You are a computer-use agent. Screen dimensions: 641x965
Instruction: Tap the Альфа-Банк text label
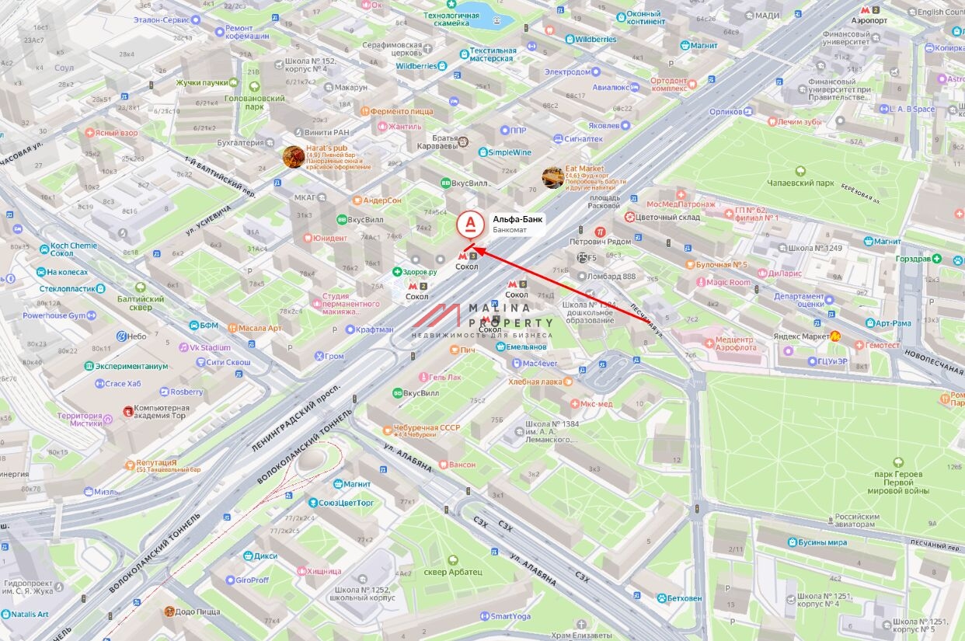[x=517, y=219]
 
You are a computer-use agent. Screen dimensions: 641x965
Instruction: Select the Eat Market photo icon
[x=553, y=177]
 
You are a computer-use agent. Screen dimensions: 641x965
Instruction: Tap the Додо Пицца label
[x=198, y=611]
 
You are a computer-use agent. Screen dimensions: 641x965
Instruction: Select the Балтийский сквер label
[x=141, y=303]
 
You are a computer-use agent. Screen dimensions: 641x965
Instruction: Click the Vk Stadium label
[x=210, y=347]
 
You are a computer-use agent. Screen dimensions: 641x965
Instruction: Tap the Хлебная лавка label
[x=535, y=381]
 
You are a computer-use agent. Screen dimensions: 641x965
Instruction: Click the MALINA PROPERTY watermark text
[x=510, y=315]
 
